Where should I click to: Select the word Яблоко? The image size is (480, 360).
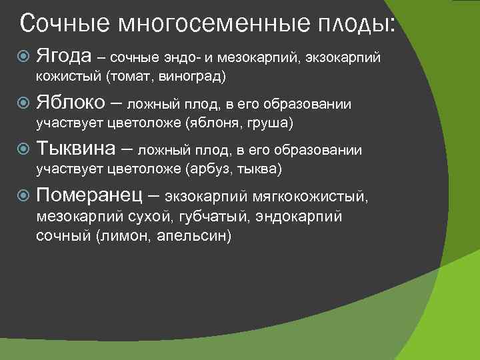[x=71, y=103]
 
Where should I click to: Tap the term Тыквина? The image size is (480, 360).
[x=76, y=149]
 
